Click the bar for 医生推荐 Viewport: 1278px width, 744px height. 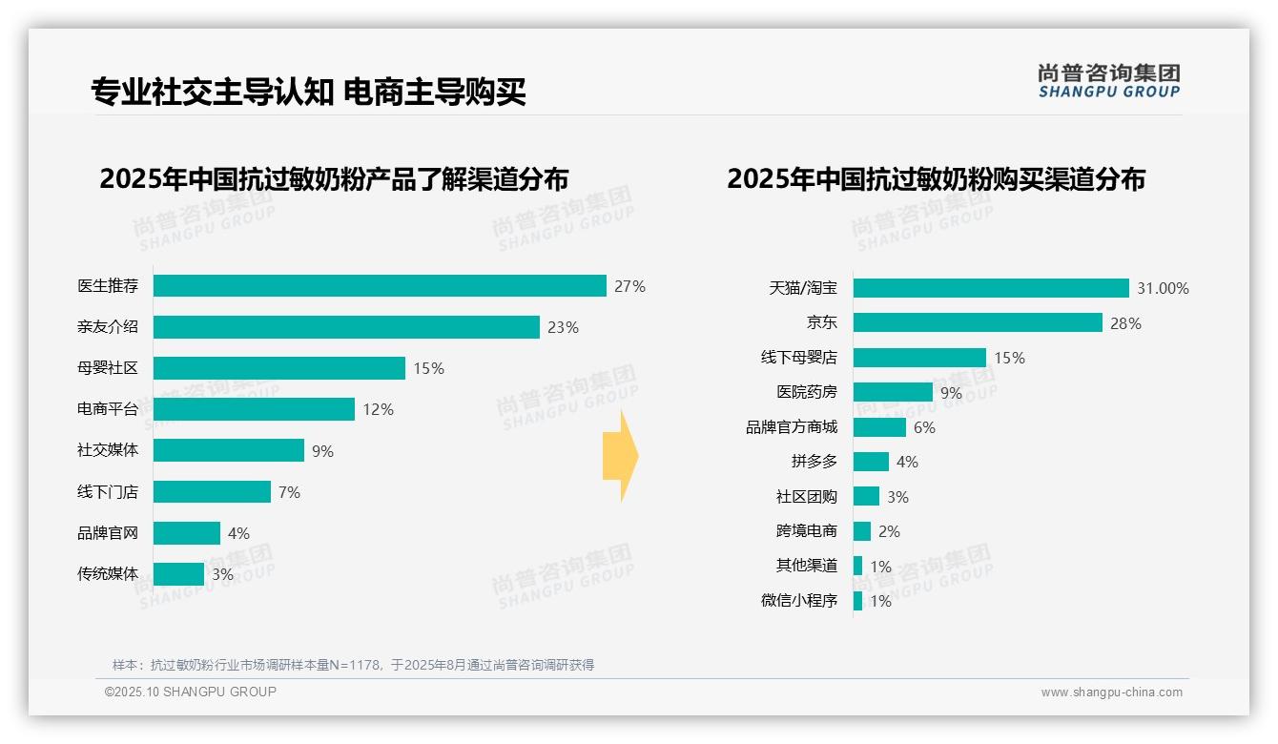[380, 286]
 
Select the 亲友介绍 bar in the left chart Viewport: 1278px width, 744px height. [346, 327]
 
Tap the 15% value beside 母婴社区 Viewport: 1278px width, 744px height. [428, 368]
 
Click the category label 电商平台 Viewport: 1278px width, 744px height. [108, 409]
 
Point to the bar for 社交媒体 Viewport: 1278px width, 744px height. [229, 450]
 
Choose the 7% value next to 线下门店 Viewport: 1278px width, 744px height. [289, 492]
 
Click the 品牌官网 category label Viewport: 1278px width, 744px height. [108, 533]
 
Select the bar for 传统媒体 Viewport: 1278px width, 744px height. [178, 574]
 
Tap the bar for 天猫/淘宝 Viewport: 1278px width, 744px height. [991, 288]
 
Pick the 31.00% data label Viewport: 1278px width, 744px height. [1163, 288]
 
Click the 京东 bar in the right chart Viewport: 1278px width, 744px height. [978, 322]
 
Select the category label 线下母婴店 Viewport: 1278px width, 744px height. [798, 358]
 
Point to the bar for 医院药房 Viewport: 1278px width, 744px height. [893, 392]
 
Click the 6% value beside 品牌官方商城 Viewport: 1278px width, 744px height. [924, 427]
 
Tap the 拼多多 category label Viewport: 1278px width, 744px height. [814, 462]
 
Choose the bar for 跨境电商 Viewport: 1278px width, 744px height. [862, 531]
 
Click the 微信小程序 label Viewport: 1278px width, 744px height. [798, 601]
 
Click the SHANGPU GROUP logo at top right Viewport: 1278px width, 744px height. [1108, 81]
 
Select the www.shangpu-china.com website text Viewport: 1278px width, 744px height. [1111, 692]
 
